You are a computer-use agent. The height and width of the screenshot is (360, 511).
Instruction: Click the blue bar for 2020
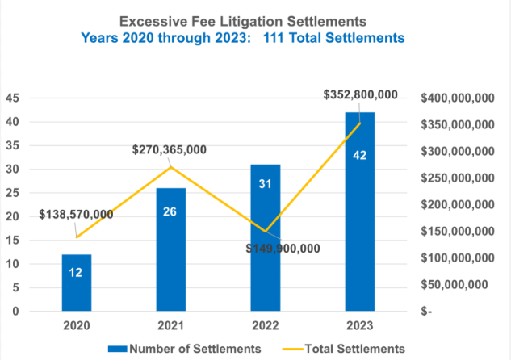coord(77,283)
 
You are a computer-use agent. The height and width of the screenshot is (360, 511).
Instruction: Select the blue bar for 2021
coord(170,249)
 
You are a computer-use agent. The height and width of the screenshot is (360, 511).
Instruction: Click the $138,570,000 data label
coord(76,215)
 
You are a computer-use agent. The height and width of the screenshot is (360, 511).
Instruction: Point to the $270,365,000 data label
coord(170,149)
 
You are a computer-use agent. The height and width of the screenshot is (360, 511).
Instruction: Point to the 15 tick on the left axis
coord(14,241)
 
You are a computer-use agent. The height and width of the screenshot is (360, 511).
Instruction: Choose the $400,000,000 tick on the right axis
coord(457,98)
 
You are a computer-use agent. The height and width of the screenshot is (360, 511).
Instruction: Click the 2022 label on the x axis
coord(265,327)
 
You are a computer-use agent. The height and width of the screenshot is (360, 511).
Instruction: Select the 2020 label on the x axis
coord(77,327)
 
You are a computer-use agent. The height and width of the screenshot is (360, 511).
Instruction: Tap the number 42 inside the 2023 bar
coord(360,155)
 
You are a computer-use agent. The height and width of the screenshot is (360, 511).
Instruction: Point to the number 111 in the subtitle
coord(305,37)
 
